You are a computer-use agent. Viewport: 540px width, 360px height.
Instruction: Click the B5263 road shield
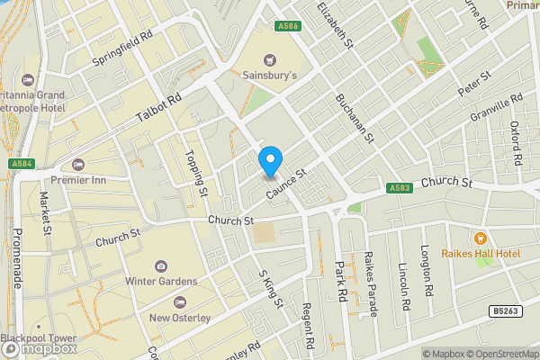click(504, 311)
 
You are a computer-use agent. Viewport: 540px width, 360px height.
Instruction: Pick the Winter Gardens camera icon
click(161, 266)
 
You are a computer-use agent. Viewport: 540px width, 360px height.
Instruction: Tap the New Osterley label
click(180, 317)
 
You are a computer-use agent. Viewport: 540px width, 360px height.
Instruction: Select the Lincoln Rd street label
click(406, 288)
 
